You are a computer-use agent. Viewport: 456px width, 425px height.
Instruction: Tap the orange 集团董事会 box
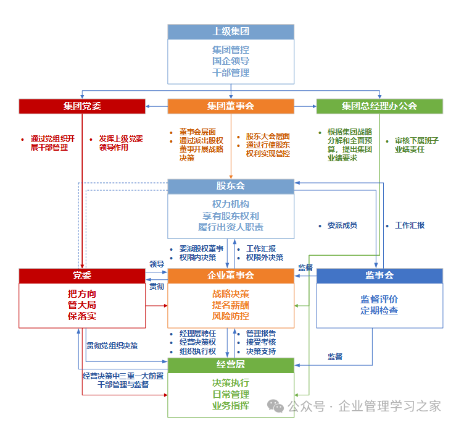pyautogui.click(x=231, y=106)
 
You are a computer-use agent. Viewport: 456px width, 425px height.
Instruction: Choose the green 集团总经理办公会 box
pyautogui.click(x=379, y=106)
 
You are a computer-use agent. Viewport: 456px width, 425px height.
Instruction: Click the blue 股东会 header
pyautogui.click(x=231, y=186)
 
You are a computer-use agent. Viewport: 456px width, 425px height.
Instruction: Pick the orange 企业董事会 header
pyautogui.click(x=231, y=276)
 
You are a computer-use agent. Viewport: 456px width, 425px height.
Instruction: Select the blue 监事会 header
pyautogui.click(x=379, y=276)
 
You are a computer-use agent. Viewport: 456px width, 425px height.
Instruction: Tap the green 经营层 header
pyautogui.click(x=231, y=364)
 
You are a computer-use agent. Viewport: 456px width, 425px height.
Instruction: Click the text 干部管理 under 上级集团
pyautogui.click(x=231, y=73)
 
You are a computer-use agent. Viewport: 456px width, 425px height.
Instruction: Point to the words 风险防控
pyautogui.click(x=231, y=316)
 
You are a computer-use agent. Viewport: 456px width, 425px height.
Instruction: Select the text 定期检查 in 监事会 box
pyautogui.click(x=379, y=311)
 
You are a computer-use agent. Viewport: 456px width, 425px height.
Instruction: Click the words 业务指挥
pyautogui.click(x=231, y=405)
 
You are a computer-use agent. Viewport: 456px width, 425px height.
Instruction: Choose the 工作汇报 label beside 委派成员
pyautogui.click(x=410, y=225)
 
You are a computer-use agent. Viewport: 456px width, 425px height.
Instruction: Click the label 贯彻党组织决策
pyautogui.click(x=112, y=345)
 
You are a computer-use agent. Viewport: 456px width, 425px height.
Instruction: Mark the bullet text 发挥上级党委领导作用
pyautogui.click(x=120, y=143)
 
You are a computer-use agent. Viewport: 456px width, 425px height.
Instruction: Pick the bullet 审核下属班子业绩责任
pyautogui.click(x=417, y=145)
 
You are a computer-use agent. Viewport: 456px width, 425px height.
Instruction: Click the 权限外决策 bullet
pyautogui.click(x=264, y=258)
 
